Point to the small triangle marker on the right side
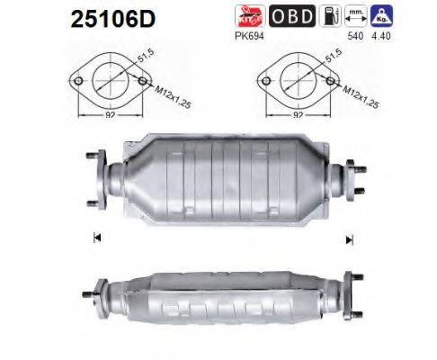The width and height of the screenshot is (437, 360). click(347, 238)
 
